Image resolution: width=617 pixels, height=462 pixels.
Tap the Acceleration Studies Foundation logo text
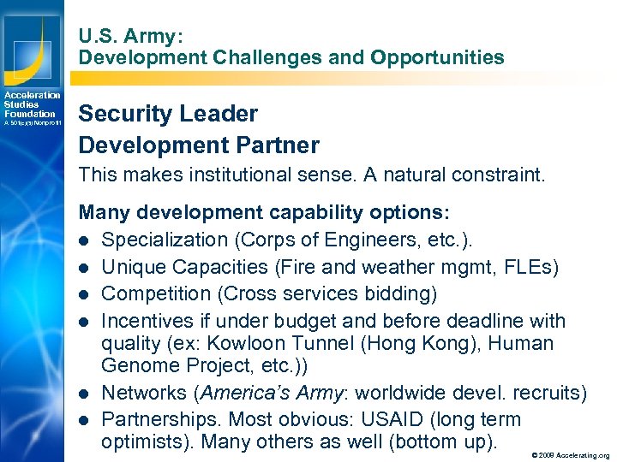pyautogui.click(x=31, y=105)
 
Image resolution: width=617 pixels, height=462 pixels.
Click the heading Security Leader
pyautogui.click(x=168, y=114)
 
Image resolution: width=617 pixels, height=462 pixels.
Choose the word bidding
pyautogui.click(x=404, y=294)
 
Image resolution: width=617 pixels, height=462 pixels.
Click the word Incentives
pyautogui.click(x=145, y=321)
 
